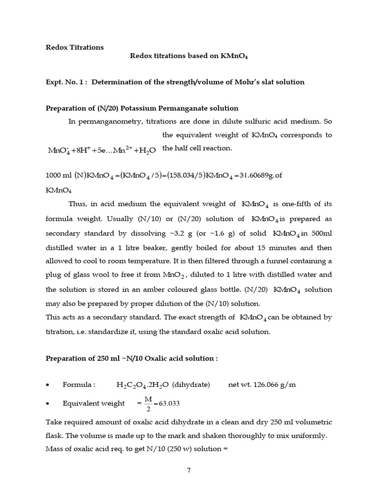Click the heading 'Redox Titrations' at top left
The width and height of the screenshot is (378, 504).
[x=75, y=47]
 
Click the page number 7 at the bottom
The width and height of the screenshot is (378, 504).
[x=189, y=470]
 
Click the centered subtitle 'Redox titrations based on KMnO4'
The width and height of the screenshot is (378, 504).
[x=189, y=56]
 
